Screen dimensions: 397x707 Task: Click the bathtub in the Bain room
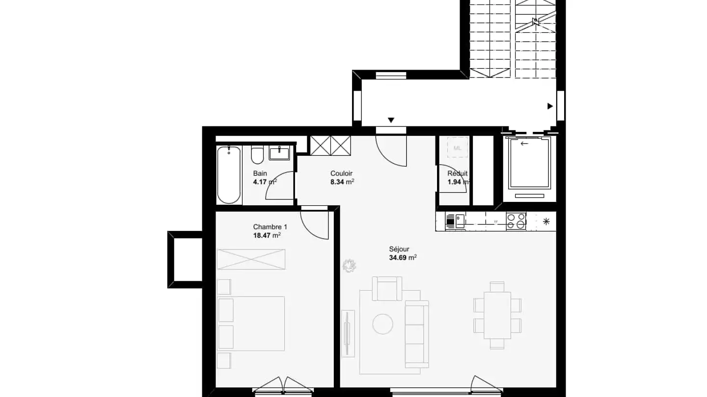(229, 174)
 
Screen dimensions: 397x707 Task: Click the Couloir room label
(341, 174)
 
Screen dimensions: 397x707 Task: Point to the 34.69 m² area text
(403, 257)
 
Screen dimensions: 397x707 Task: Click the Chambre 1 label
(270, 227)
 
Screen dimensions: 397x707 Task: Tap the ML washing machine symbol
(457, 148)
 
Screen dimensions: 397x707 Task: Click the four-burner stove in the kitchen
(516, 221)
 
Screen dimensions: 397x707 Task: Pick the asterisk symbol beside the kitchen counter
(546, 221)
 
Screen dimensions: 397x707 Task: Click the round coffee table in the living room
(382, 323)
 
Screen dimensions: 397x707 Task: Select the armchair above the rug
(387, 288)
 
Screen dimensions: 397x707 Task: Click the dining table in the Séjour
(497, 315)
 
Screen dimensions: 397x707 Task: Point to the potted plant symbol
(349, 265)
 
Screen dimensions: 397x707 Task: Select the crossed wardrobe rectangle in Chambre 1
(251, 259)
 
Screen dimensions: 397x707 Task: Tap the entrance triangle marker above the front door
(391, 120)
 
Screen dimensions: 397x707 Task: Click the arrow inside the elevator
(525, 144)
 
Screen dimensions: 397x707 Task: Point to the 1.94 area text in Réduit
(457, 182)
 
